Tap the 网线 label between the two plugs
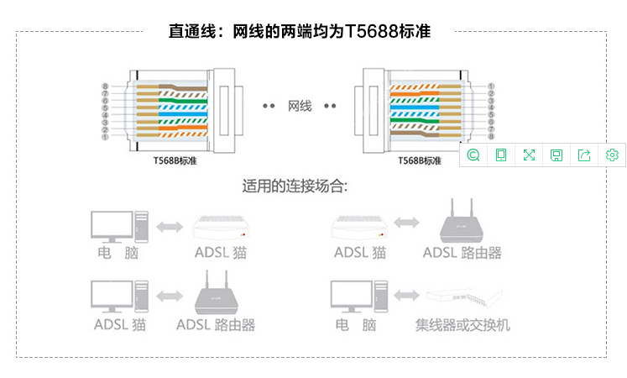click(300, 106)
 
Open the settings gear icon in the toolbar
click(612, 155)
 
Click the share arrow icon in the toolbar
click(584, 155)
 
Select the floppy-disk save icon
click(556, 155)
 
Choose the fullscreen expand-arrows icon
click(529, 155)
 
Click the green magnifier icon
click(473, 155)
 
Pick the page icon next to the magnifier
click(501, 155)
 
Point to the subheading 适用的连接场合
click(295, 186)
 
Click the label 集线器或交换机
click(462, 325)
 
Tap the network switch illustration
click(465, 297)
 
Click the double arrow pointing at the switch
click(406, 295)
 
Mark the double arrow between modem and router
click(407, 223)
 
